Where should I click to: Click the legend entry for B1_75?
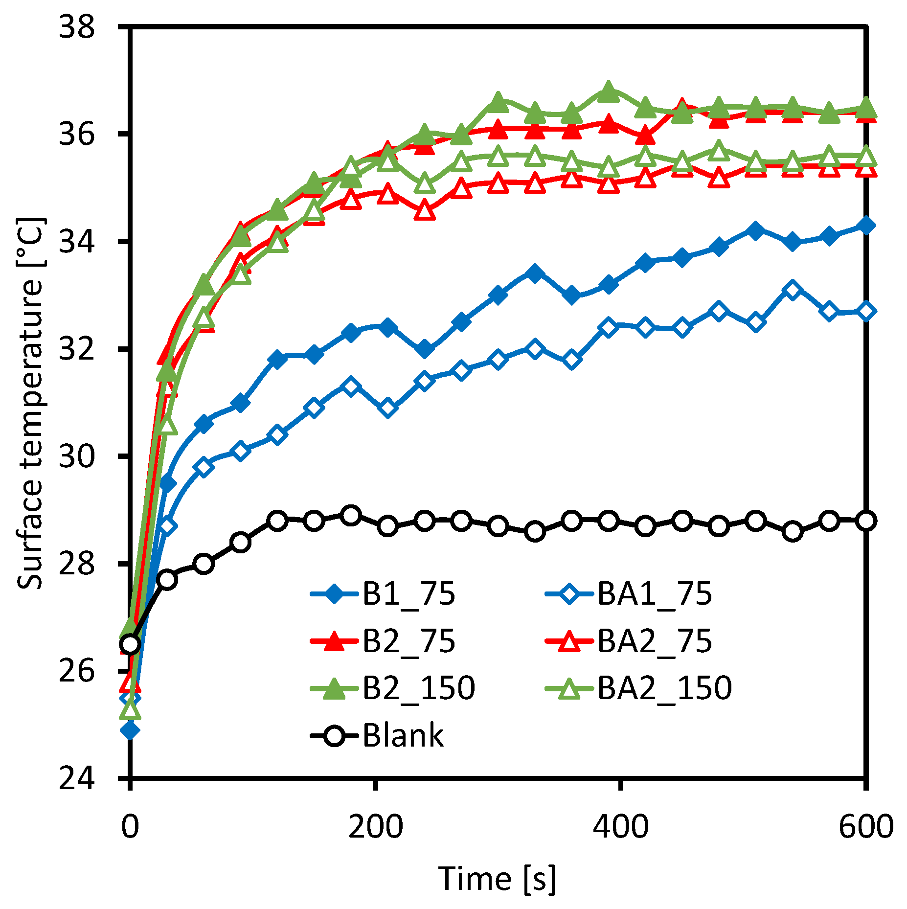coord(383,594)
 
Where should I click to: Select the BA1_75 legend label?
coord(629,594)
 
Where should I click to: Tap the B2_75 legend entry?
coord(383,641)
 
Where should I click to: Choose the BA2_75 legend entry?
coord(629,641)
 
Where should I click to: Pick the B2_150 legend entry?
coord(393,688)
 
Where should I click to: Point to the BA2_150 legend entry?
coord(638,688)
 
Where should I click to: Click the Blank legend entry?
coord(377,735)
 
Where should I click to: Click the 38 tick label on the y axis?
coord(76,26)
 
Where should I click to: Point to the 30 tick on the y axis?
coord(76,456)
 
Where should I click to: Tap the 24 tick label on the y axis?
coord(76,778)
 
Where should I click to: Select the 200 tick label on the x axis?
coord(375,826)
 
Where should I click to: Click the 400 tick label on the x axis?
coord(621,826)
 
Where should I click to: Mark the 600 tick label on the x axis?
coord(866,826)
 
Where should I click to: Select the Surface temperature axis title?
coord(31,403)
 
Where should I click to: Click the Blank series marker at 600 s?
coord(866,521)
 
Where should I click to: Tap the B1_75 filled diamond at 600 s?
coord(866,226)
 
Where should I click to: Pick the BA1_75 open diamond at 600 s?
coord(866,311)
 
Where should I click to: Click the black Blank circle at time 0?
coord(130,644)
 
